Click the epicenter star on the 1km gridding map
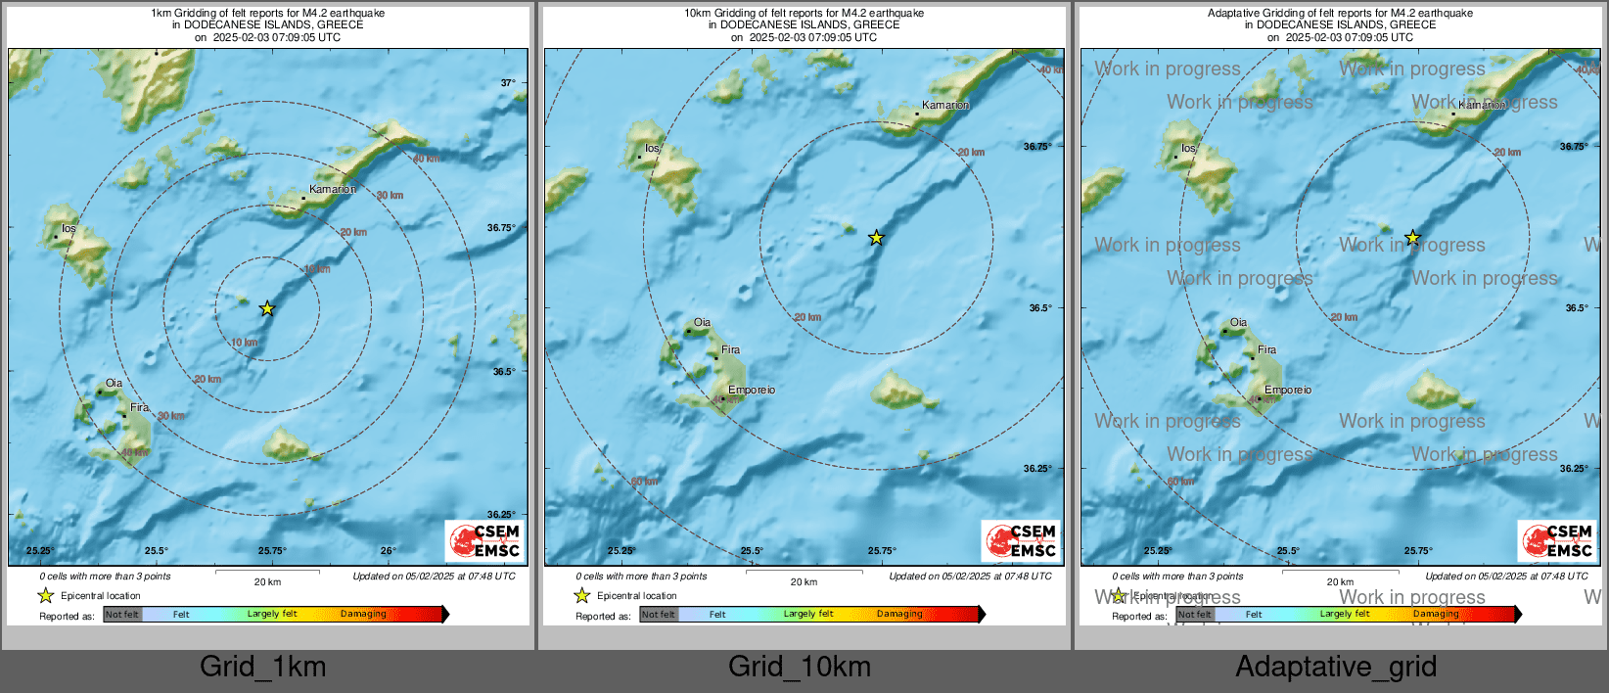tap(267, 309)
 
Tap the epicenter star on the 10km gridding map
tap(876, 238)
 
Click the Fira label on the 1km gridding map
tap(139, 407)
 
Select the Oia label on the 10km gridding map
tap(702, 322)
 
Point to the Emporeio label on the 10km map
tap(752, 390)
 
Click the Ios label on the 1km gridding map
tap(69, 229)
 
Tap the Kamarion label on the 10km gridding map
tap(945, 105)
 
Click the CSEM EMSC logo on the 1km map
tap(485, 540)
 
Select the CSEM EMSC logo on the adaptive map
tap(1558, 540)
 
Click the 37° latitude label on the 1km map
tap(508, 83)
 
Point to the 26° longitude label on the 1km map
tap(389, 551)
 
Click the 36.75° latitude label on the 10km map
tap(1037, 147)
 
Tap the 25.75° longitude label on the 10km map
tap(882, 551)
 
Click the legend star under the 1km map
tap(45, 595)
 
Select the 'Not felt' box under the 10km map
tap(659, 615)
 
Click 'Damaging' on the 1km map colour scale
tap(363, 614)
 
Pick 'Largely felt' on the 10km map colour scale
tap(808, 614)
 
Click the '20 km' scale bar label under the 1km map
tap(267, 582)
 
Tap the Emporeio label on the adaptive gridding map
tap(1288, 390)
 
